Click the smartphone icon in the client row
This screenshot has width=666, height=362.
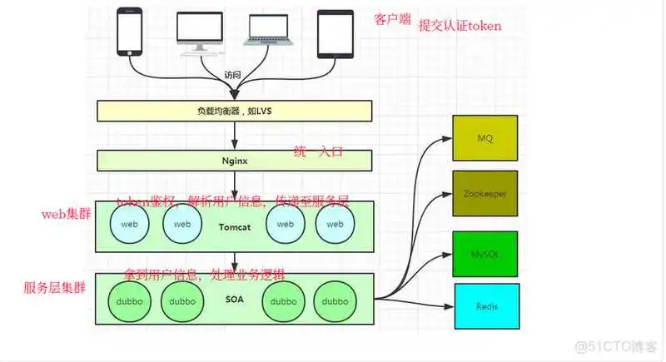(x=130, y=32)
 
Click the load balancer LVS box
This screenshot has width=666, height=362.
(x=234, y=110)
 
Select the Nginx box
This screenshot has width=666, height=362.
(x=234, y=160)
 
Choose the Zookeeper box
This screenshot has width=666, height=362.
(x=485, y=194)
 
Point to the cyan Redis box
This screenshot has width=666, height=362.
(x=485, y=306)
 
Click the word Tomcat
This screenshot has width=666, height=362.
(x=235, y=227)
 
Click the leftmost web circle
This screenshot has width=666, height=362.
(x=129, y=224)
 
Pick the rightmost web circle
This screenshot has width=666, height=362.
(x=335, y=224)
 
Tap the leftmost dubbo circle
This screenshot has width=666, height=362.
(x=129, y=301)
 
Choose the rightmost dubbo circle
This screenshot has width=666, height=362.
(x=335, y=301)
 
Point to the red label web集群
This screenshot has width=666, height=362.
(x=66, y=215)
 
